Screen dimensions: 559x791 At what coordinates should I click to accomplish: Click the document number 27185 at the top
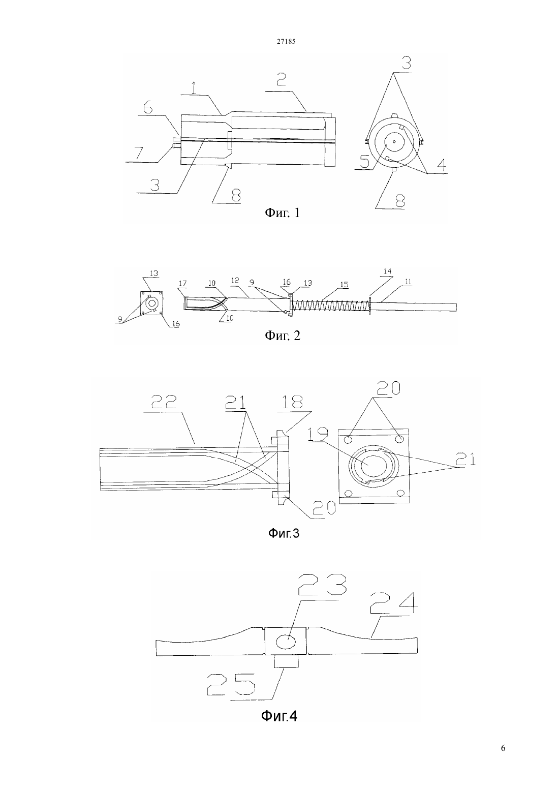pos(286,41)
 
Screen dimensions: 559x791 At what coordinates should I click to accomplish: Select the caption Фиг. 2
pos(283,335)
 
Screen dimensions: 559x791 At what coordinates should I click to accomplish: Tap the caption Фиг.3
pos(284,533)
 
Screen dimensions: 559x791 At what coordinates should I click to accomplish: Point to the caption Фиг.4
pos(279,716)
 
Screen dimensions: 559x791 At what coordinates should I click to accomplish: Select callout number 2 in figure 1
pos(281,81)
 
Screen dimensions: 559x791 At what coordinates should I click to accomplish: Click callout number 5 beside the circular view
pos(364,162)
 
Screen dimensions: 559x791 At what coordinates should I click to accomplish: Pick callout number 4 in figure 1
pos(441,165)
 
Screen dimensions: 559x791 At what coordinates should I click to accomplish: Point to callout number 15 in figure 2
pos(345,285)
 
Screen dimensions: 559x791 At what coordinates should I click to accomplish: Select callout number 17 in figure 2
pos(183,284)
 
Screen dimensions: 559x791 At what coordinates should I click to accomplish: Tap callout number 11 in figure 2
pos(409,282)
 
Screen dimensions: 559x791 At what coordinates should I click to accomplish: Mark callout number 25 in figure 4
pos(231,684)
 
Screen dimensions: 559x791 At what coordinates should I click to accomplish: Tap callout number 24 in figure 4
pos(393,603)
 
